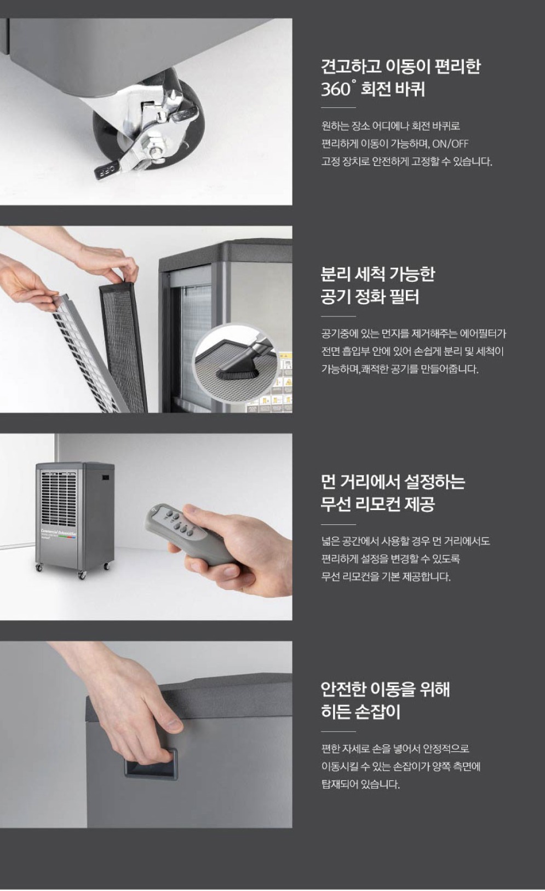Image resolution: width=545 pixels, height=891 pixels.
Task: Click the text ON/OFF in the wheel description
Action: [450, 143]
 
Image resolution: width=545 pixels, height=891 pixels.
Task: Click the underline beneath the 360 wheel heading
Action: [339, 107]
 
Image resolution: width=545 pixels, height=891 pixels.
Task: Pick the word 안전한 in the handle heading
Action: [343, 689]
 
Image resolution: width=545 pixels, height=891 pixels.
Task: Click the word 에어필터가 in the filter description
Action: [483, 333]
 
